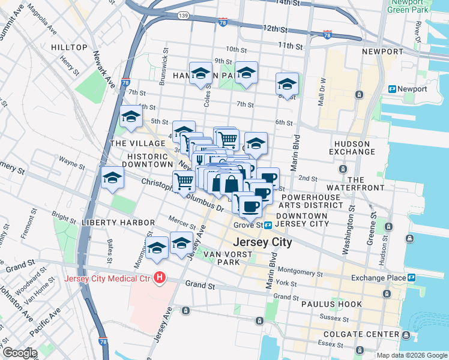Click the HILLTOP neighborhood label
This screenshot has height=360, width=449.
[x=70, y=47]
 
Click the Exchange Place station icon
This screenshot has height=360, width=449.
[x=412, y=278]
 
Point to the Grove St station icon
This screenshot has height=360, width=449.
[x=268, y=225]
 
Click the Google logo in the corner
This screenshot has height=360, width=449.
[x=19, y=353]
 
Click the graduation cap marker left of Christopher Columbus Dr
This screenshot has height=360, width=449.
[x=112, y=178]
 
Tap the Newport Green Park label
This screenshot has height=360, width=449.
[x=408, y=6]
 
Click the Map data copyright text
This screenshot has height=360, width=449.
[x=411, y=355]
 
